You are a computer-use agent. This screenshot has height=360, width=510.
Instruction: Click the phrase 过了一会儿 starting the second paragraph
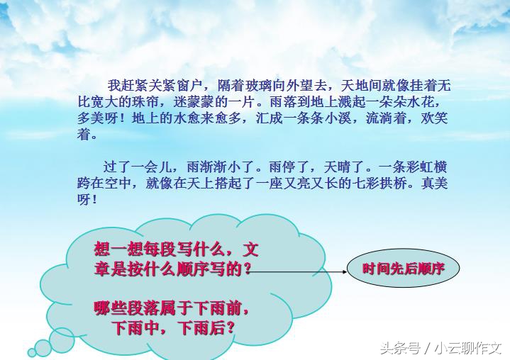[136, 168]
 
